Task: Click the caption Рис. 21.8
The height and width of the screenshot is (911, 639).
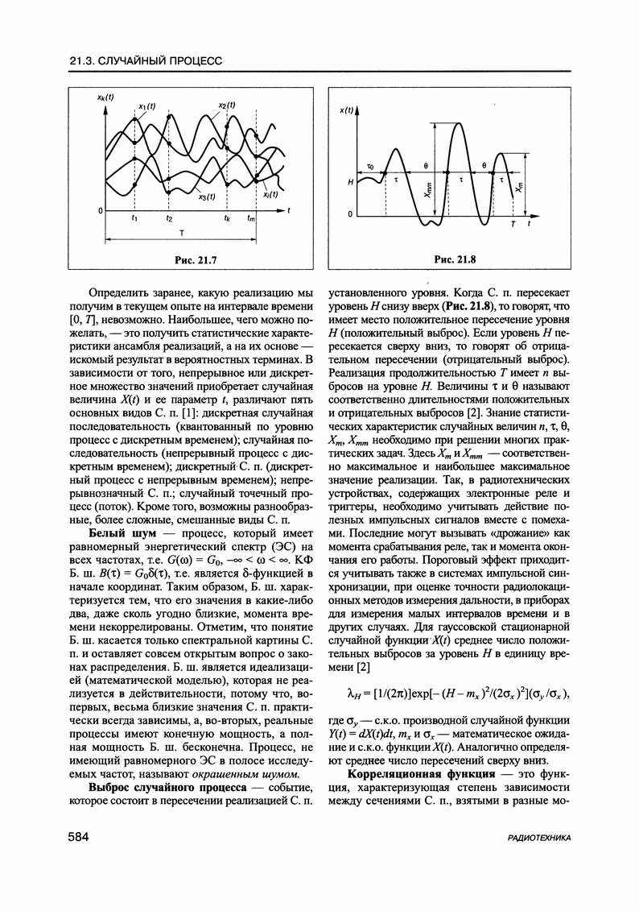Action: [x=455, y=259]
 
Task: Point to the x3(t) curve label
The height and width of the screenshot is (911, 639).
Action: [x=205, y=196]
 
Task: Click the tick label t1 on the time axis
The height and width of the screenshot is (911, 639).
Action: [x=134, y=218]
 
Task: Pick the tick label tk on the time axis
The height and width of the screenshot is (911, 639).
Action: [x=229, y=218]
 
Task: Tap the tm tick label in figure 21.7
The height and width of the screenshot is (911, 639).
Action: [x=253, y=218]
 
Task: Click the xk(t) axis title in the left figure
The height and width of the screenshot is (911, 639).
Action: [x=105, y=97]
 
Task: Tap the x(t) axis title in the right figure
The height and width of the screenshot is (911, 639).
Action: [x=347, y=110]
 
